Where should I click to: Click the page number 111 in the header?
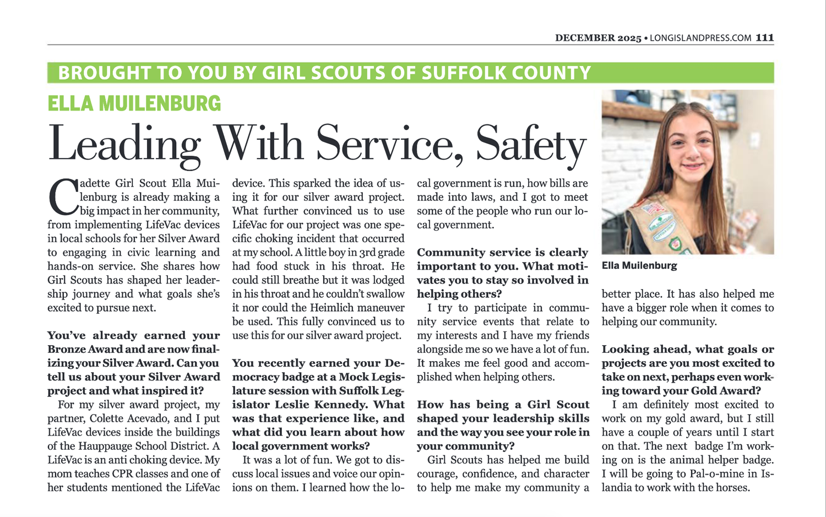click(x=765, y=38)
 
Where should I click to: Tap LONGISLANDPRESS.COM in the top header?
click(x=700, y=38)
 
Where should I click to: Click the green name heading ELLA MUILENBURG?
click(x=134, y=104)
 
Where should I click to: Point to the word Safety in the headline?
click(x=531, y=144)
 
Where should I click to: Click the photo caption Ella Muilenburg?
click(x=639, y=265)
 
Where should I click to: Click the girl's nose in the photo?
click(x=692, y=152)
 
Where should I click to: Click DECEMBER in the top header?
click(x=585, y=38)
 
